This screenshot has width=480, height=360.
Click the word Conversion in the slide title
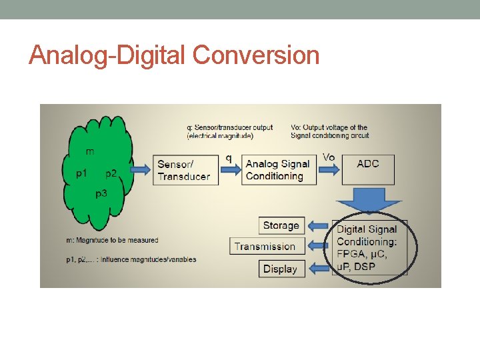coord(256,55)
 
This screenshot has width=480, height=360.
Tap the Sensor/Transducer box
coord(185,170)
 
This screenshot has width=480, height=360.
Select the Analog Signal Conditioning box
coord(278,170)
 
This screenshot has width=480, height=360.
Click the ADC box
coord(368,169)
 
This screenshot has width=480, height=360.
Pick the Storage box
coord(281,225)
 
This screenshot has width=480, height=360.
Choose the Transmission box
coord(266,246)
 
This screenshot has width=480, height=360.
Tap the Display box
coord(281,269)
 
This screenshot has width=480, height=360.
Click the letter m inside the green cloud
coord(90,151)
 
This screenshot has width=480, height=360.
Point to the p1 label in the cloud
coord(81,173)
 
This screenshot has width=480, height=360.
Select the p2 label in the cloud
coord(111,173)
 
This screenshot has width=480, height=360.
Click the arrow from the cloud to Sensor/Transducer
coord(141,170)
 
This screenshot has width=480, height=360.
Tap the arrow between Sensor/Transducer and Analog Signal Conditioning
coord(230,170)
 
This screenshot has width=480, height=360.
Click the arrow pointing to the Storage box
coord(320,226)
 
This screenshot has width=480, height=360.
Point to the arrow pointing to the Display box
coord(320,269)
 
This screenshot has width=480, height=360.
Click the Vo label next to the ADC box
coord(329,157)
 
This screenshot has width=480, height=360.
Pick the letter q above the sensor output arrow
coord(229,159)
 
